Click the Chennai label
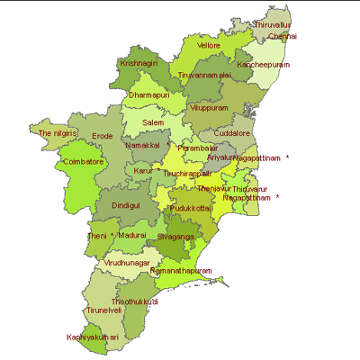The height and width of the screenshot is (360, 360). coord(283,37)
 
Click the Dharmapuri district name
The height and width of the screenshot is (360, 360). coord(149,94)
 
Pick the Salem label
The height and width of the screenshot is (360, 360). coord(153,121)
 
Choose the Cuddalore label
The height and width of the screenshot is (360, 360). coord(232,132)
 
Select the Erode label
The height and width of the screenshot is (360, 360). coord(103,136)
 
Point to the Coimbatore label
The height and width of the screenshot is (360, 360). coord(84,162)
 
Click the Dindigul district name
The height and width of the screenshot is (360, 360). coord(126,205)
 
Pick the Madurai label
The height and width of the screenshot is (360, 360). coord(131,235)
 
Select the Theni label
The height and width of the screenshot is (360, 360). coord(96,236)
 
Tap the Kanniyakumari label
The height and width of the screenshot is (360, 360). coord(93,337)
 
